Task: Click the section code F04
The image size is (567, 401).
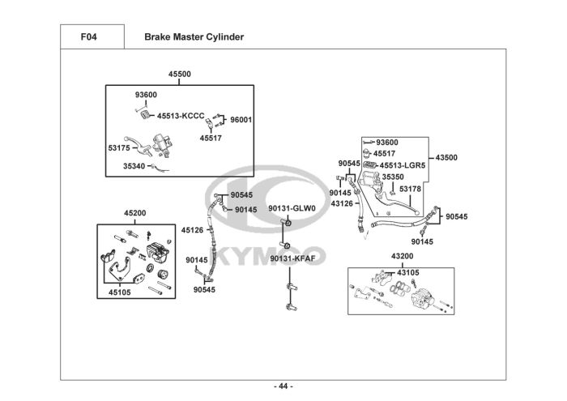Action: [88, 37]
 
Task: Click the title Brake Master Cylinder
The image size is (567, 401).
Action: [194, 37]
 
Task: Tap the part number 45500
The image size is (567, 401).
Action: [179, 75]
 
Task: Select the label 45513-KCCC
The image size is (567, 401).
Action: [181, 116]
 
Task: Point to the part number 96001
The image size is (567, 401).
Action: [241, 120]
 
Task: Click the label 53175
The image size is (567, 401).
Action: [119, 148]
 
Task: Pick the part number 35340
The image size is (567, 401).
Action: [134, 166]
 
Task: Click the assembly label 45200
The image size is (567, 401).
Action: [135, 213]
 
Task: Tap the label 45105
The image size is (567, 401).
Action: [120, 292]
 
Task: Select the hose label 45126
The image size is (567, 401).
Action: [193, 230]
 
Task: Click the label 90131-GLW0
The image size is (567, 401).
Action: [292, 209]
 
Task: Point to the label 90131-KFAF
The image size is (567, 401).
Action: [292, 258]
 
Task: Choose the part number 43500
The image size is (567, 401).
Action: [446, 158]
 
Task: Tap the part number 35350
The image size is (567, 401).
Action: [393, 177]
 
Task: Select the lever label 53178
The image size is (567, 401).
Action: [410, 189]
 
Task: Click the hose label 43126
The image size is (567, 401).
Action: [342, 204]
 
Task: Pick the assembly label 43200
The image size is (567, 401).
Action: [402, 256]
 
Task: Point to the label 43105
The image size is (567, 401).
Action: [408, 273]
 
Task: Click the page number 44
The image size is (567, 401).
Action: [283, 386]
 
